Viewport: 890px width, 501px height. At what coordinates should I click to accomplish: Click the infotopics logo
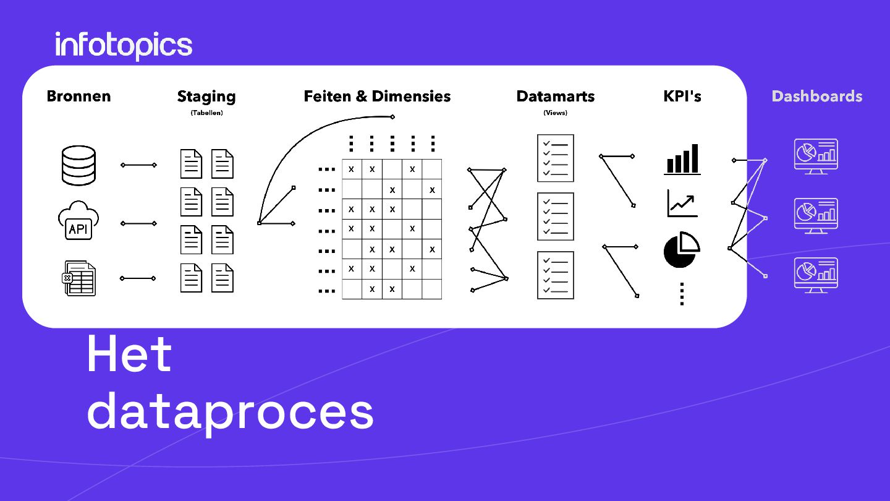[x=124, y=45]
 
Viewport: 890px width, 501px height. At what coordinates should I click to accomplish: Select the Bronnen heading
[x=78, y=96]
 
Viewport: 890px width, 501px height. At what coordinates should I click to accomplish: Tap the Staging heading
[x=206, y=96]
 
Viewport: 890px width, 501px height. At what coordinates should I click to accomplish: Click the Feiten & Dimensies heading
[x=377, y=96]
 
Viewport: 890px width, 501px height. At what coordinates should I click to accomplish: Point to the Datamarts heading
[x=555, y=96]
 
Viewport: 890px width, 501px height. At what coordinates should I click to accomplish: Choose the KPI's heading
[x=682, y=96]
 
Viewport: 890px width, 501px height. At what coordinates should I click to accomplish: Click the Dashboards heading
[x=816, y=96]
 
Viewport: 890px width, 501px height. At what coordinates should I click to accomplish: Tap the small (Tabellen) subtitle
[x=206, y=113]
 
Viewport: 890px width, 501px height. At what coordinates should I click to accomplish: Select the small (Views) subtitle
[x=555, y=113]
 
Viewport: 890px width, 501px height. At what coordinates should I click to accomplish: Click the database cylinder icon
[x=79, y=165]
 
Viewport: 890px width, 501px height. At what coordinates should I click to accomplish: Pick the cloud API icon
[x=78, y=221]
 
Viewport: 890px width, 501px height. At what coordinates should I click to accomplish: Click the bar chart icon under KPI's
[x=682, y=159]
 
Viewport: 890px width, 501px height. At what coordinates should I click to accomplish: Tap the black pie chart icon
[x=681, y=250]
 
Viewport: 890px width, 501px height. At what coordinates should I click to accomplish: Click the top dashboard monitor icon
[x=816, y=156]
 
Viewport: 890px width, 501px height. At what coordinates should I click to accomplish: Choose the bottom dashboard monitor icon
[x=816, y=275]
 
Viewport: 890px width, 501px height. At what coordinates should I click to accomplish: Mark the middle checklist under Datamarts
[x=556, y=216]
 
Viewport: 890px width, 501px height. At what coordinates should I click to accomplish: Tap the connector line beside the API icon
[x=139, y=223]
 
